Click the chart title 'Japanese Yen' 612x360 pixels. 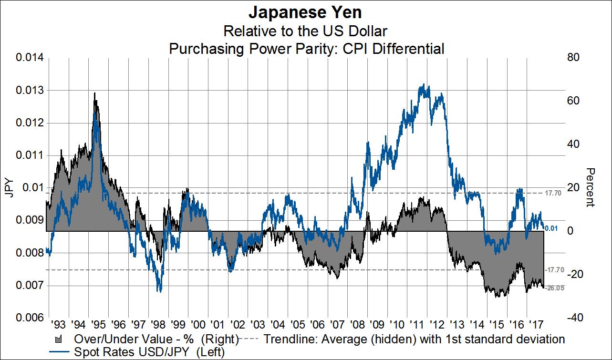[x=305, y=12]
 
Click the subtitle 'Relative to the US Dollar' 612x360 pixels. [x=305, y=31]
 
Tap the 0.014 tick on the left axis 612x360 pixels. [x=30, y=58]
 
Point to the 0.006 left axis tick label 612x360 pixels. [x=30, y=318]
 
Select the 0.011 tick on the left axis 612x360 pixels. [x=30, y=155]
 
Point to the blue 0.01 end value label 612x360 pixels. [x=552, y=229]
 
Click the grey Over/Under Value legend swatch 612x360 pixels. [x=60, y=339]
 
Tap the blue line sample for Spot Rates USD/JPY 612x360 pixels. [x=60, y=352]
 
